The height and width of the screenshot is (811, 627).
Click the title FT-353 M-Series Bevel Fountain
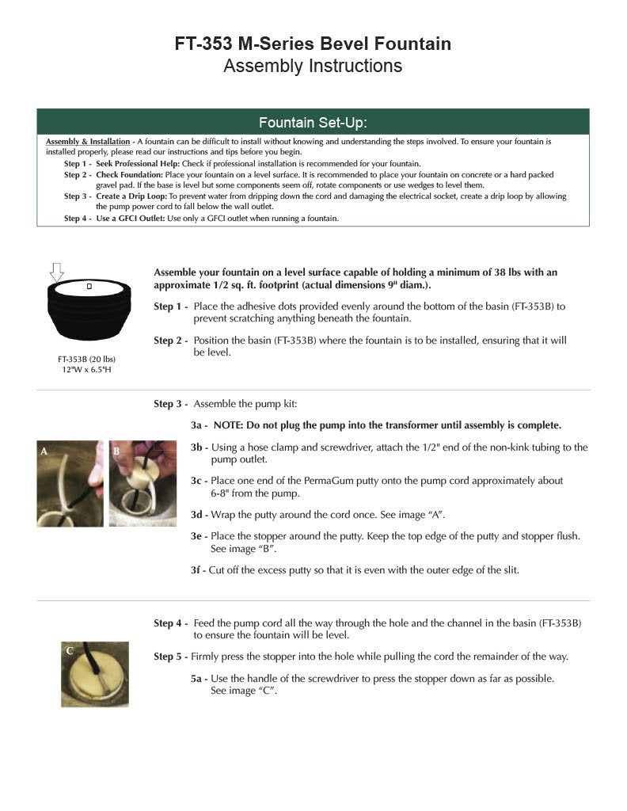coord(313,44)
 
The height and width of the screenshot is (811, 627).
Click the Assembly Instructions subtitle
coord(313,66)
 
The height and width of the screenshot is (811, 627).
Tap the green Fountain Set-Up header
coord(313,122)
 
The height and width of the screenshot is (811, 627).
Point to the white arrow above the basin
coord(56,273)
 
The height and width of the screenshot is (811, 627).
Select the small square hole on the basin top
coord(89,286)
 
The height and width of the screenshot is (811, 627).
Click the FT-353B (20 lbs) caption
coord(86,359)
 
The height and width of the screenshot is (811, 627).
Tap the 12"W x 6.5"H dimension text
coord(86,369)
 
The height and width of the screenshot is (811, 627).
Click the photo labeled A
coord(70,484)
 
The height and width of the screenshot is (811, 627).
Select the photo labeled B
coord(142,484)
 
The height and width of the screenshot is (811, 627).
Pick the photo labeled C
coord(95,674)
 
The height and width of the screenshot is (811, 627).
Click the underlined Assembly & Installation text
coord(88,142)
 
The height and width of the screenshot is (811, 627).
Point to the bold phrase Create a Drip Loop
coord(131,196)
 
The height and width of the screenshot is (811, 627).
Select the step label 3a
coord(199,425)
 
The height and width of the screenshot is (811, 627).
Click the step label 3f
coord(198,569)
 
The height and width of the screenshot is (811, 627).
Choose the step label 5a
coord(198,679)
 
